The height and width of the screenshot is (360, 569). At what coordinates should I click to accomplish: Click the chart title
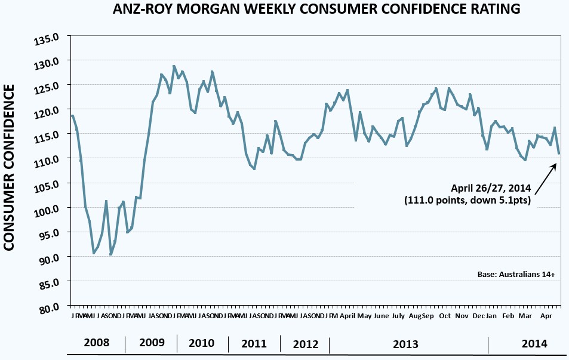316,10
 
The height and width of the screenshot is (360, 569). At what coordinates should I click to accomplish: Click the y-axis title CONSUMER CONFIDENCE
10,167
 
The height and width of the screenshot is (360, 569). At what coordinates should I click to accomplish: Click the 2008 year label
97,343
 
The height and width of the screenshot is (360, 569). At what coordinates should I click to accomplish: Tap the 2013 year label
405,344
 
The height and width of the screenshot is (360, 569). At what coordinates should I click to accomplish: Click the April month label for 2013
347,315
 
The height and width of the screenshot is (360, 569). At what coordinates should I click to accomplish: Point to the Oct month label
445,315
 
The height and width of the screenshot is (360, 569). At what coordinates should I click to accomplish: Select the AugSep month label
422,315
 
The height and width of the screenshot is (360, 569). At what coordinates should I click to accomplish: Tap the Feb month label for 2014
508,315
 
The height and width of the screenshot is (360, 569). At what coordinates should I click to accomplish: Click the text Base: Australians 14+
516,275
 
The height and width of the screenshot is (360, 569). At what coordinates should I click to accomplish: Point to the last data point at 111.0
559,153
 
